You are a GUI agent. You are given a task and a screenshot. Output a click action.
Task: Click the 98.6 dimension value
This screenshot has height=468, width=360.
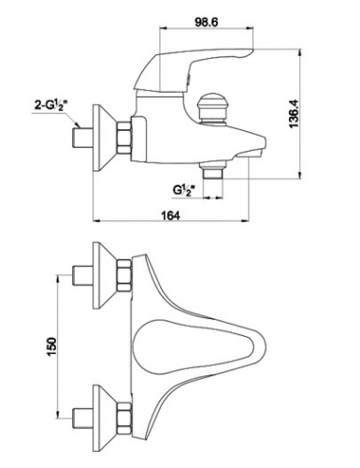coord(206,22)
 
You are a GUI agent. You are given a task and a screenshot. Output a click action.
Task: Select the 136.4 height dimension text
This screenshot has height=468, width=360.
coord(294,113)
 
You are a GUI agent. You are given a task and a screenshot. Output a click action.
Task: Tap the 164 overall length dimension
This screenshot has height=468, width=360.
coord(170,215)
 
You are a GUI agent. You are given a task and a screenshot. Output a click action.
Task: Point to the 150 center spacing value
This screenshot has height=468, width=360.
coord(51,347)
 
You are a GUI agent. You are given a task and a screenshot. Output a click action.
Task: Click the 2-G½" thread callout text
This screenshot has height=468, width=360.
coord(51,107)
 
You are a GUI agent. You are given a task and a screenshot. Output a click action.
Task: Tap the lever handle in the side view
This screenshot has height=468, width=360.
coord(194,69)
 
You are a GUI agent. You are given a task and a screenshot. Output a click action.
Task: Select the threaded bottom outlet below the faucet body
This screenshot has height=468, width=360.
coord(213,171)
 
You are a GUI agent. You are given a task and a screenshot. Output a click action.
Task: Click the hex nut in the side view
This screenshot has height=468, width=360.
coord(124,138)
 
